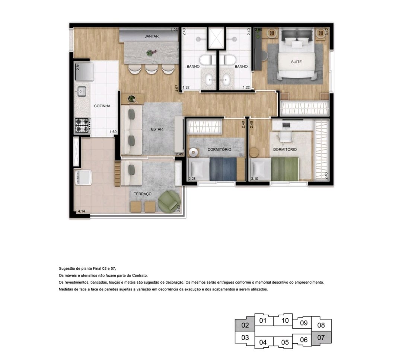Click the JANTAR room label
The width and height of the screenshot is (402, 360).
click(x=151, y=36)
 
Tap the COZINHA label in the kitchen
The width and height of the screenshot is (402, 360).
click(x=102, y=106)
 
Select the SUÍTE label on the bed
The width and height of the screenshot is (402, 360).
click(x=296, y=62)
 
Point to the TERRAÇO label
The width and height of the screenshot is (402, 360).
click(x=143, y=194)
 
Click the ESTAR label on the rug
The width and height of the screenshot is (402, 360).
click(x=157, y=129)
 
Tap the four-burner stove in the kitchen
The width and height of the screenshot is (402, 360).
click(x=82, y=125)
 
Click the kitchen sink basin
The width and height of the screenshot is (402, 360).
click(x=82, y=91)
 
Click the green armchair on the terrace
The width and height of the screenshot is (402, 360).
click(x=169, y=201)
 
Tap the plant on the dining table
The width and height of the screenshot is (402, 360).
click(x=150, y=53)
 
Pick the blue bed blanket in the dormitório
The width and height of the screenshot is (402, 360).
click(x=223, y=169)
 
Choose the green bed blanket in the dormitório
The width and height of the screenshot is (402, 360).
click(x=285, y=169)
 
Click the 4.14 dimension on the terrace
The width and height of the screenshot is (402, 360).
click(x=82, y=211)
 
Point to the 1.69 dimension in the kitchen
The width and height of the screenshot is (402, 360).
click(x=113, y=132)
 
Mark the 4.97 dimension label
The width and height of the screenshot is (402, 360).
click(x=177, y=88)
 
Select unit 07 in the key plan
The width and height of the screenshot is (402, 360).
click(x=321, y=338)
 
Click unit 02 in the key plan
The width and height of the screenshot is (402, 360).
click(x=245, y=325)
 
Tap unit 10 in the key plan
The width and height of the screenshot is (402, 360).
click(x=285, y=321)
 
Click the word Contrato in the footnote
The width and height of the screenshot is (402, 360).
click(x=140, y=275)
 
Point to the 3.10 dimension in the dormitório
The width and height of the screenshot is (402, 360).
click(x=255, y=179)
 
